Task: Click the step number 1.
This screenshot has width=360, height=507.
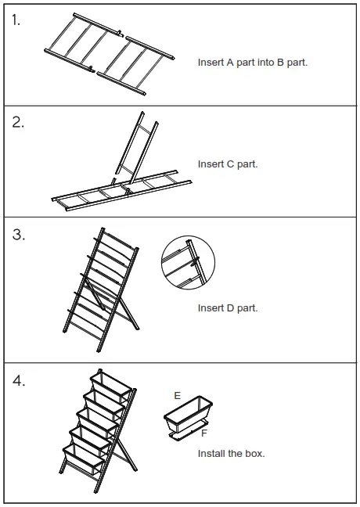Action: (x=16, y=21)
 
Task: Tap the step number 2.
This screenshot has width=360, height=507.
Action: (x=18, y=124)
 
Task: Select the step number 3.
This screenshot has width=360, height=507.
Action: (x=18, y=236)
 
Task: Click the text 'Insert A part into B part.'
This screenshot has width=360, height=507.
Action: (x=252, y=62)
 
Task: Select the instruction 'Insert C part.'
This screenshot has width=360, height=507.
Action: (x=227, y=164)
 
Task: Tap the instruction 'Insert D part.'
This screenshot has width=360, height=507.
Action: (x=227, y=308)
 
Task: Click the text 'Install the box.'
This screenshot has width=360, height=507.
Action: (x=231, y=454)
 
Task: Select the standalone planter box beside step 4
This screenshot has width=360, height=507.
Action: (x=189, y=414)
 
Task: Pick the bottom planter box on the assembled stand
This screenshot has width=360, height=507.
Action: (x=84, y=459)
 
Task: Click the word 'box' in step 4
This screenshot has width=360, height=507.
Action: (x=256, y=454)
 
